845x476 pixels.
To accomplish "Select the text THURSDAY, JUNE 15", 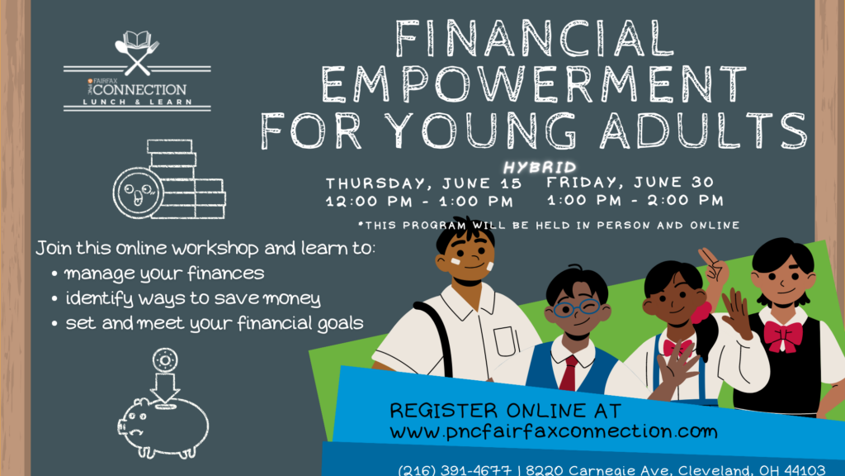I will point(423,183).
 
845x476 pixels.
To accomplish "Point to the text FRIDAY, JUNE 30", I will point(630,182).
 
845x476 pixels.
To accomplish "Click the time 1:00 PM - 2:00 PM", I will point(635,200).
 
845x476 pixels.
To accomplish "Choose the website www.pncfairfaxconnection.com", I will point(553,431).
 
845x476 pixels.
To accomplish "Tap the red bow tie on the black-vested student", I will point(783,335).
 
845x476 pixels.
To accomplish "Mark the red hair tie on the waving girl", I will point(703,313).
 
